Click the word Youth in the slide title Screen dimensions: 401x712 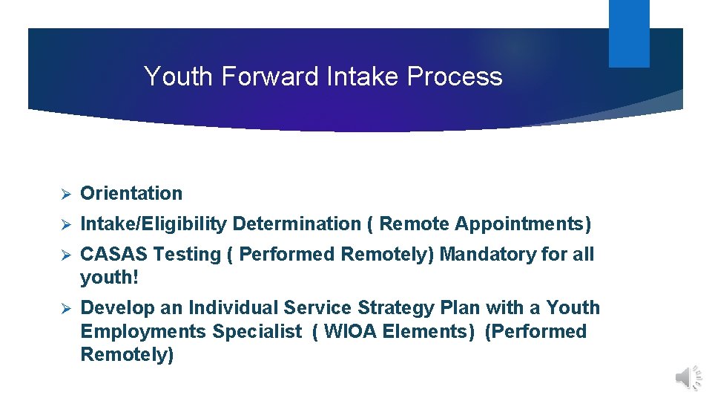point(176,76)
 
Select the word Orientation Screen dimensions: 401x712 point(131,193)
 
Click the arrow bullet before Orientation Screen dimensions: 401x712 point(65,194)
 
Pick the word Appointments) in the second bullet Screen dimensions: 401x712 point(523,224)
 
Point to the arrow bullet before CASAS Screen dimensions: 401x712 point(65,255)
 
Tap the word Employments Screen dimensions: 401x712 point(143,331)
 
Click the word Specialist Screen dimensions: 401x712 point(257,331)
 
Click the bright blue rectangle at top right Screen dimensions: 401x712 point(629,33)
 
